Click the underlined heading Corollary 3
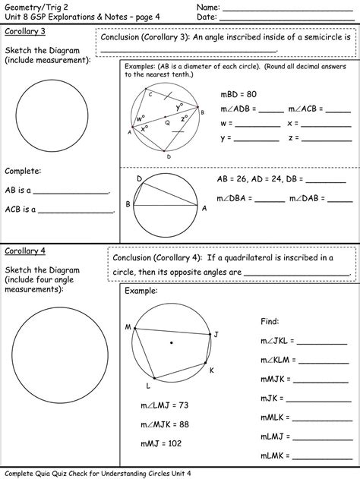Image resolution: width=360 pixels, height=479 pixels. (x=25, y=31)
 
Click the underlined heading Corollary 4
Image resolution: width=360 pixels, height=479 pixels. (x=25, y=251)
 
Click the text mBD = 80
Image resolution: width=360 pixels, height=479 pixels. (x=238, y=95)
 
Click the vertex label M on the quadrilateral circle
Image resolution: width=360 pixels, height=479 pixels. (x=128, y=327)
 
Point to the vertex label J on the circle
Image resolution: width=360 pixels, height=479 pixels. (x=216, y=334)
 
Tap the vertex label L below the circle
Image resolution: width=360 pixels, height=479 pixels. (x=147, y=385)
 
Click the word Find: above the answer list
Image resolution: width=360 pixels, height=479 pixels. (x=270, y=321)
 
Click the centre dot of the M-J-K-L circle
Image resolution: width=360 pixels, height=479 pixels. (x=171, y=342)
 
